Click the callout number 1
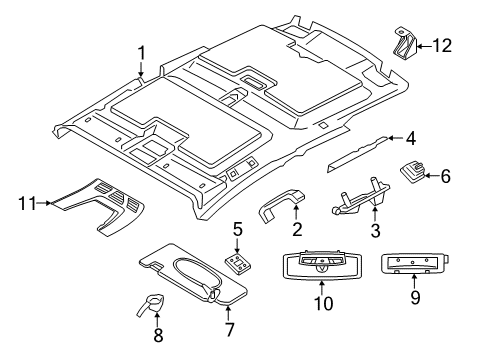142,53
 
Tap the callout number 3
376,258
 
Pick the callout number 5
236,230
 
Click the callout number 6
446,176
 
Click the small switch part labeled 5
239,263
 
